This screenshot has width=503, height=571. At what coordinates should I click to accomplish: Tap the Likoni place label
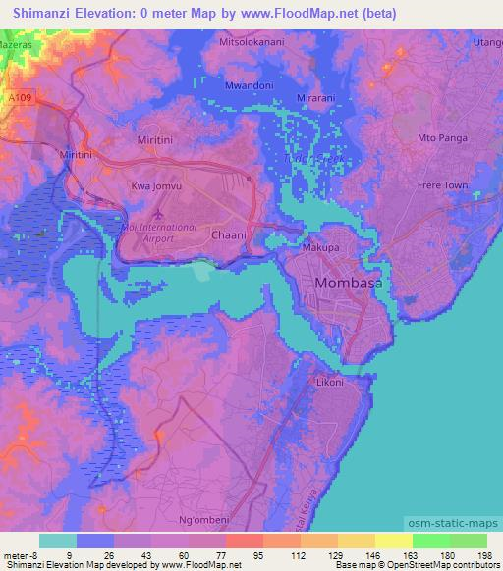[329, 383]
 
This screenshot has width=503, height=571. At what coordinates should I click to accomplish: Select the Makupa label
[320, 249]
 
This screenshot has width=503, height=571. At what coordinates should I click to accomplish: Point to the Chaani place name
[227, 235]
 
